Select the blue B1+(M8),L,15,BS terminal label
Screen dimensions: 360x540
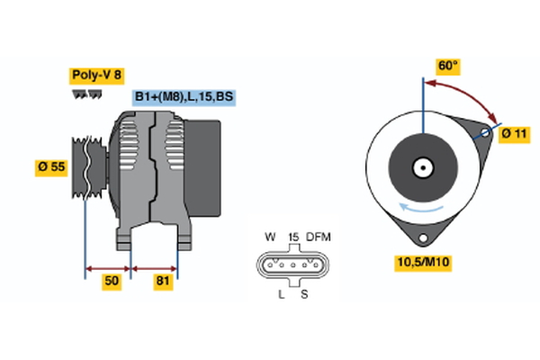tap(184, 97)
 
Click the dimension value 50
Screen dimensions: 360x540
tap(111, 282)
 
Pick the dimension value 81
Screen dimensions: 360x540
tap(164, 282)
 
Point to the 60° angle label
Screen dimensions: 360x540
tap(447, 66)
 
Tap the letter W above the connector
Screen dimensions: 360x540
tap(269, 238)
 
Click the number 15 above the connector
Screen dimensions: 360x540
tap(292, 238)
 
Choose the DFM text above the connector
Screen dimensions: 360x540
tap(319, 238)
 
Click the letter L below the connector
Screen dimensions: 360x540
tap(281, 294)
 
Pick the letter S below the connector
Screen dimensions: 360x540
tap(304, 294)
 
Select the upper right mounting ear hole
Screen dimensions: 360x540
tap(483, 132)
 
